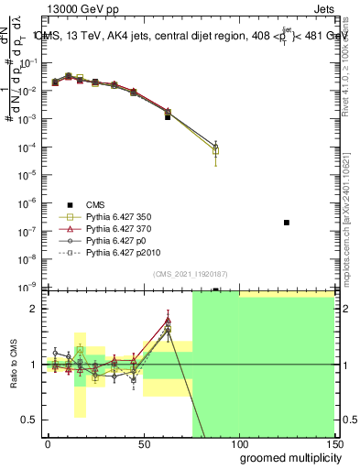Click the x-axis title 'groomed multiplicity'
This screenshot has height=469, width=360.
coord(287,457)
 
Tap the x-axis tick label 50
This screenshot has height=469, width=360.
coord(144,444)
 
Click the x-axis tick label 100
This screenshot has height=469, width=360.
coord(239,444)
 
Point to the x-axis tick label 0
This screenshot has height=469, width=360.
coord(48,444)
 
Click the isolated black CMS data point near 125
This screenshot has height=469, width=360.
coord(287,223)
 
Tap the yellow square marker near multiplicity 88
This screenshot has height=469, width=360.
coord(214,151)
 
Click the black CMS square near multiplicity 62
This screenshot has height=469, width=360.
coord(168,117)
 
